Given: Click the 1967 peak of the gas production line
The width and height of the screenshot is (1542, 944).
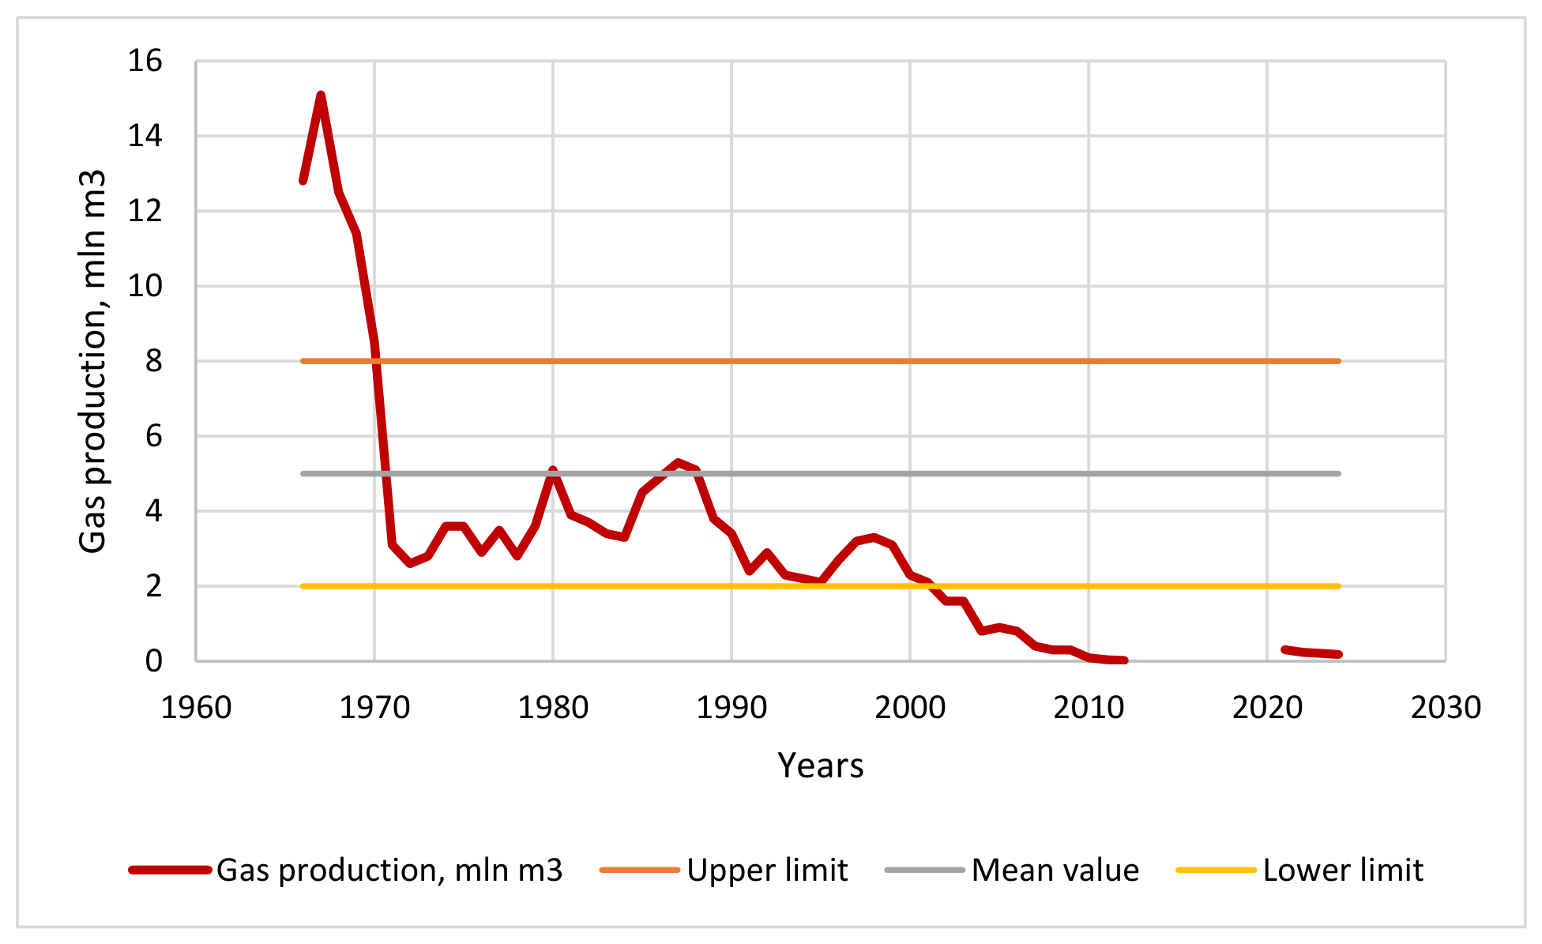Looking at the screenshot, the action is coord(321,96).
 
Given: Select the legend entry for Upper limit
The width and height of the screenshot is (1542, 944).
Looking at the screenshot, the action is coord(724,871).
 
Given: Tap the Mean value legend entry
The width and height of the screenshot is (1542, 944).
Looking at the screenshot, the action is coord(1012,871).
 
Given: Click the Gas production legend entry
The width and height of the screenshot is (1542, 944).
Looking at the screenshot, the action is coord(346,871).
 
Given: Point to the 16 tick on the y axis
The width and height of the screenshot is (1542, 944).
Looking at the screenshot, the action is coord(145,61).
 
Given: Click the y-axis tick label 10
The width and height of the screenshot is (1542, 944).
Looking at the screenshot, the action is coord(145,286).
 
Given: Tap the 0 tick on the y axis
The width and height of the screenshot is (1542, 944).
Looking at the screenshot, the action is coord(153,661).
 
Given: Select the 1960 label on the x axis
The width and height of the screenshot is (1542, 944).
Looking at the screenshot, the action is coord(196,708).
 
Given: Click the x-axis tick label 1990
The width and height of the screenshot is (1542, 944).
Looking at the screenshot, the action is coord(732,708).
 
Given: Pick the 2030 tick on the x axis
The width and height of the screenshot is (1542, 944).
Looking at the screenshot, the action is coord(1446,708).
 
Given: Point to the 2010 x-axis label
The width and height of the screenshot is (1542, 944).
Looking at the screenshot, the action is coord(1089,708).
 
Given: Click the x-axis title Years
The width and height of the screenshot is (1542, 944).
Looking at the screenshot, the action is coord(821,765).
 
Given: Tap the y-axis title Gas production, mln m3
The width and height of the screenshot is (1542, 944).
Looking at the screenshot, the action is coord(92,361).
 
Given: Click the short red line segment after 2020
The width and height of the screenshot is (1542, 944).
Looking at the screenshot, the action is coord(1311,653).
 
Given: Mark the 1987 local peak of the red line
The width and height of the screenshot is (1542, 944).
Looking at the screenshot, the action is coord(678,462).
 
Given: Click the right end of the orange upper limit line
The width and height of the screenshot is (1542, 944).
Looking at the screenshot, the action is coord(1339,361).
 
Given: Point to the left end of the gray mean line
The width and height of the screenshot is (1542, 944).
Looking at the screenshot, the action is coord(303,474).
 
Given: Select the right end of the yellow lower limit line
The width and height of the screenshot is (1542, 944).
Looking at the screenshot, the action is coord(1339,586).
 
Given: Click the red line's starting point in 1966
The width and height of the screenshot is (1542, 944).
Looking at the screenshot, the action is coord(303,181).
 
